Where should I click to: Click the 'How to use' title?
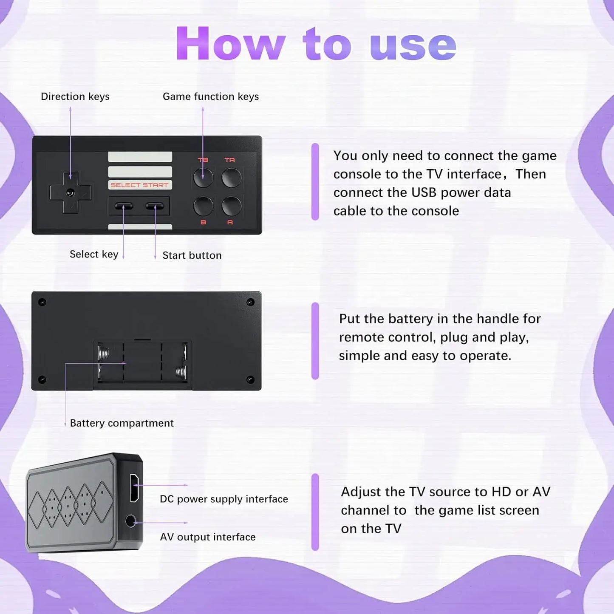point(316,44)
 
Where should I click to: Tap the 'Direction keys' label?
point(75,96)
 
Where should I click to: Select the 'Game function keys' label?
point(211,96)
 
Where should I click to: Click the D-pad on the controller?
point(71,192)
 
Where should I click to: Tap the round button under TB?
point(203,178)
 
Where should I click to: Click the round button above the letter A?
point(232,206)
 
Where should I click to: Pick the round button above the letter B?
point(203,206)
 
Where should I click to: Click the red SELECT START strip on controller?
point(140,185)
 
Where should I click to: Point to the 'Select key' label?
point(94,254)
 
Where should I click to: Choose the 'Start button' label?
point(192,255)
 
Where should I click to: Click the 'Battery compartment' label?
point(122,423)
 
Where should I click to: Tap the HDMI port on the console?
point(134,487)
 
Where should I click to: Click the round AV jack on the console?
point(130,521)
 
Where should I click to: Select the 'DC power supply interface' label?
point(224,499)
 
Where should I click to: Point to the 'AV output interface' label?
point(208,537)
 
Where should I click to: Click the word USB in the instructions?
point(424,192)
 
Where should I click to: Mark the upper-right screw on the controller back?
point(250,302)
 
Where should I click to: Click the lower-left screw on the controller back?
point(42,379)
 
